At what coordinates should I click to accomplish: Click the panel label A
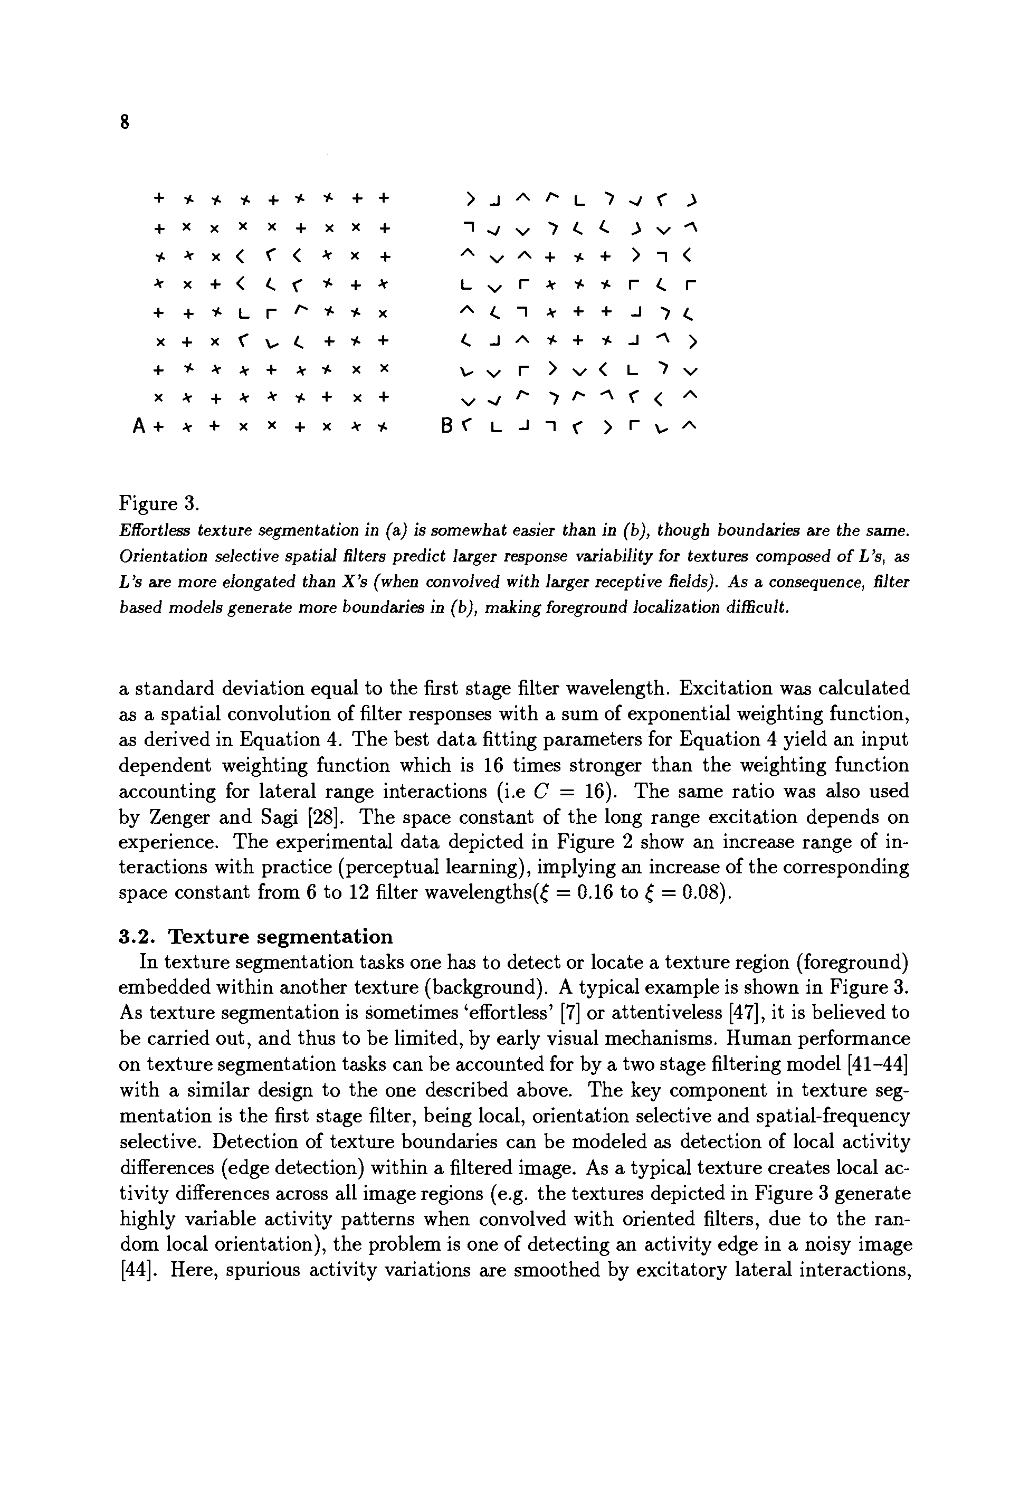click(138, 426)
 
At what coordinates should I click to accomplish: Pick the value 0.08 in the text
click(701, 893)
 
